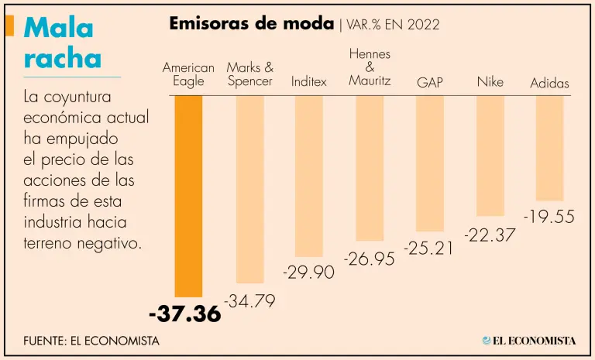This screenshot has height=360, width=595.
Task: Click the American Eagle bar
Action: click(x=188, y=196)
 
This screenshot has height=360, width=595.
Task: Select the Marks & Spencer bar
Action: click(x=249, y=189)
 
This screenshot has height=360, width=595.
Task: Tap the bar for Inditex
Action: click(x=308, y=176)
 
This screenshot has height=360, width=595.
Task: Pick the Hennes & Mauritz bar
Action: click(x=370, y=168)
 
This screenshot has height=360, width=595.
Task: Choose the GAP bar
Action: click(x=430, y=163)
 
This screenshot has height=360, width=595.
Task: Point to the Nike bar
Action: click(x=490, y=156)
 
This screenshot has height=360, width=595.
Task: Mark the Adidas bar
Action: click(x=549, y=148)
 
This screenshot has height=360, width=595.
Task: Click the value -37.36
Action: click(x=184, y=314)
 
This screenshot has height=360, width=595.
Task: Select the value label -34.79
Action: click(x=249, y=301)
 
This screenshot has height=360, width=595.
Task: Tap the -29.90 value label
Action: click(x=308, y=273)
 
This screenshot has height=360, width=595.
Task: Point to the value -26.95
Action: click(x=369, y=259)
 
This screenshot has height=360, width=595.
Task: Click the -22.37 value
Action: click(x=490, y=234)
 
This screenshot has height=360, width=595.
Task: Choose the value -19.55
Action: click(x=549, y=218)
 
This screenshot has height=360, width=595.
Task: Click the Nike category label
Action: click(x=490, y=82)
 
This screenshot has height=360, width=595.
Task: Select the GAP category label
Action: click(x=430, y=82)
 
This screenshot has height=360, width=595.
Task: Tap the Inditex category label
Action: click(x=309, y=81)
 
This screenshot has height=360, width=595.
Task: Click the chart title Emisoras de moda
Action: click(x=251, y=23)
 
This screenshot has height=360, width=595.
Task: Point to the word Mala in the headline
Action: click(x=59, y=28)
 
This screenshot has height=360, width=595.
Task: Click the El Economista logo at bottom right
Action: click(x=529, y=341)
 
